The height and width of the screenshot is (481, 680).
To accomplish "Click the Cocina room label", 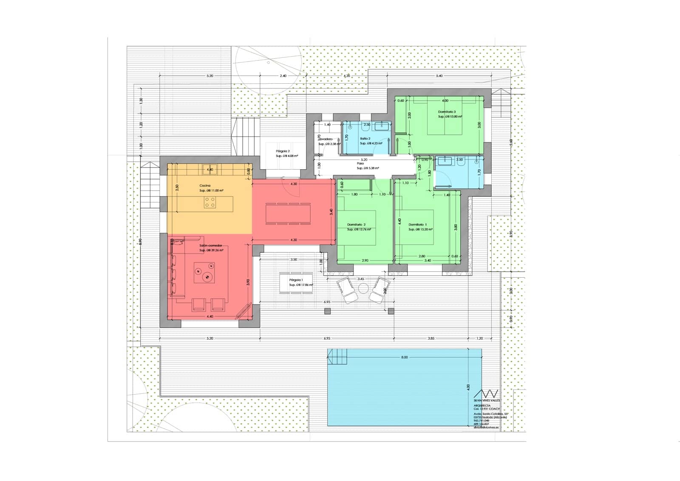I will [205, 186].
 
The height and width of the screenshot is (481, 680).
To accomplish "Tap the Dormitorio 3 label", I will [447, 112].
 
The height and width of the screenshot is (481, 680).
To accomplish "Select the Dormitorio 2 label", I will [356, 225].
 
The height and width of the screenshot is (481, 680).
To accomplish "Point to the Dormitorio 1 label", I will [418, 225].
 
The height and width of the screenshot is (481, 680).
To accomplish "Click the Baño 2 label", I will [365, 139].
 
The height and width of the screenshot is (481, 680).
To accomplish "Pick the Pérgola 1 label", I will [296, 280].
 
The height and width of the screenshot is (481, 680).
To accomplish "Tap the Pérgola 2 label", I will [283, 151].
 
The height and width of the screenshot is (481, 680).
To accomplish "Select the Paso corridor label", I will [360, 163].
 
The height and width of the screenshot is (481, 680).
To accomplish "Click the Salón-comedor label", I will [211, 245].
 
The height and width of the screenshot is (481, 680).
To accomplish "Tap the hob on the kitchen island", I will [210, 202].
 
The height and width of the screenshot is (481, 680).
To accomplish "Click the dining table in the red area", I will [288, 213].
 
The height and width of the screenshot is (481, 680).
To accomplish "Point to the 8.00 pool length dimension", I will [404, 357].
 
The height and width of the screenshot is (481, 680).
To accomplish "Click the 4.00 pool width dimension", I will [468, 387].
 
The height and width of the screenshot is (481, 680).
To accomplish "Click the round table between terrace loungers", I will [363, 288].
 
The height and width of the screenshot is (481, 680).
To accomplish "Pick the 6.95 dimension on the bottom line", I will [327, 339].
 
